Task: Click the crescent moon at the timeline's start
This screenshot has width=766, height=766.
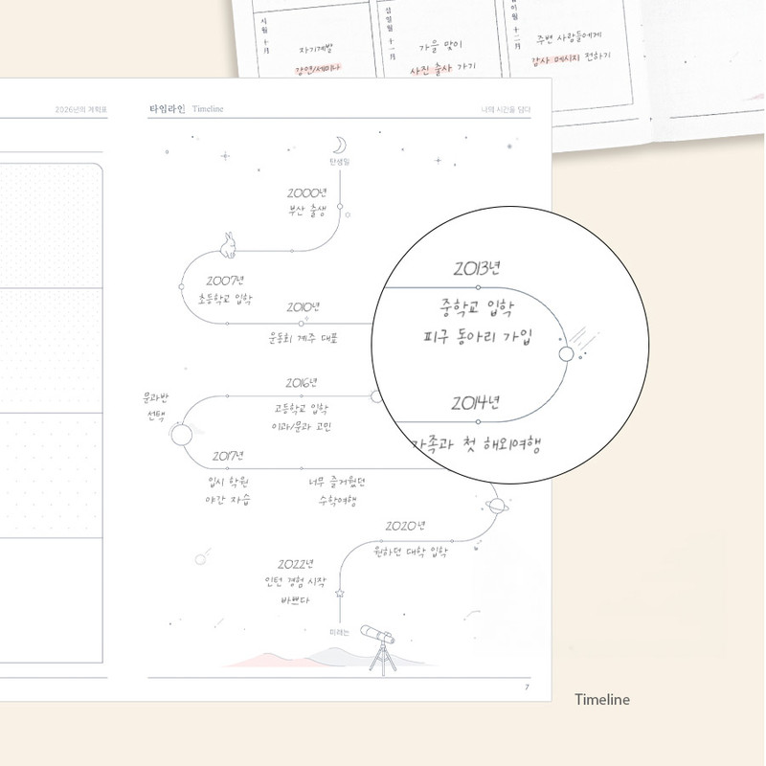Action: [x=339, y=145]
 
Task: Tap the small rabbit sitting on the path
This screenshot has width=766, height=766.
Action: [x=228, y=245]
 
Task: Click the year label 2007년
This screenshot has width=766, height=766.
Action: [x=225, y=281]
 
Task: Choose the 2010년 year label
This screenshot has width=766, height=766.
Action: [x=304, y=307]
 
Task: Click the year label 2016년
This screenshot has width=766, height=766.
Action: [x=302, y=383]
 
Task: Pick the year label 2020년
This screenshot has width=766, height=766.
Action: [x=405, y=526]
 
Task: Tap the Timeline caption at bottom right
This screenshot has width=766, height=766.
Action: [x=601, y=699]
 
